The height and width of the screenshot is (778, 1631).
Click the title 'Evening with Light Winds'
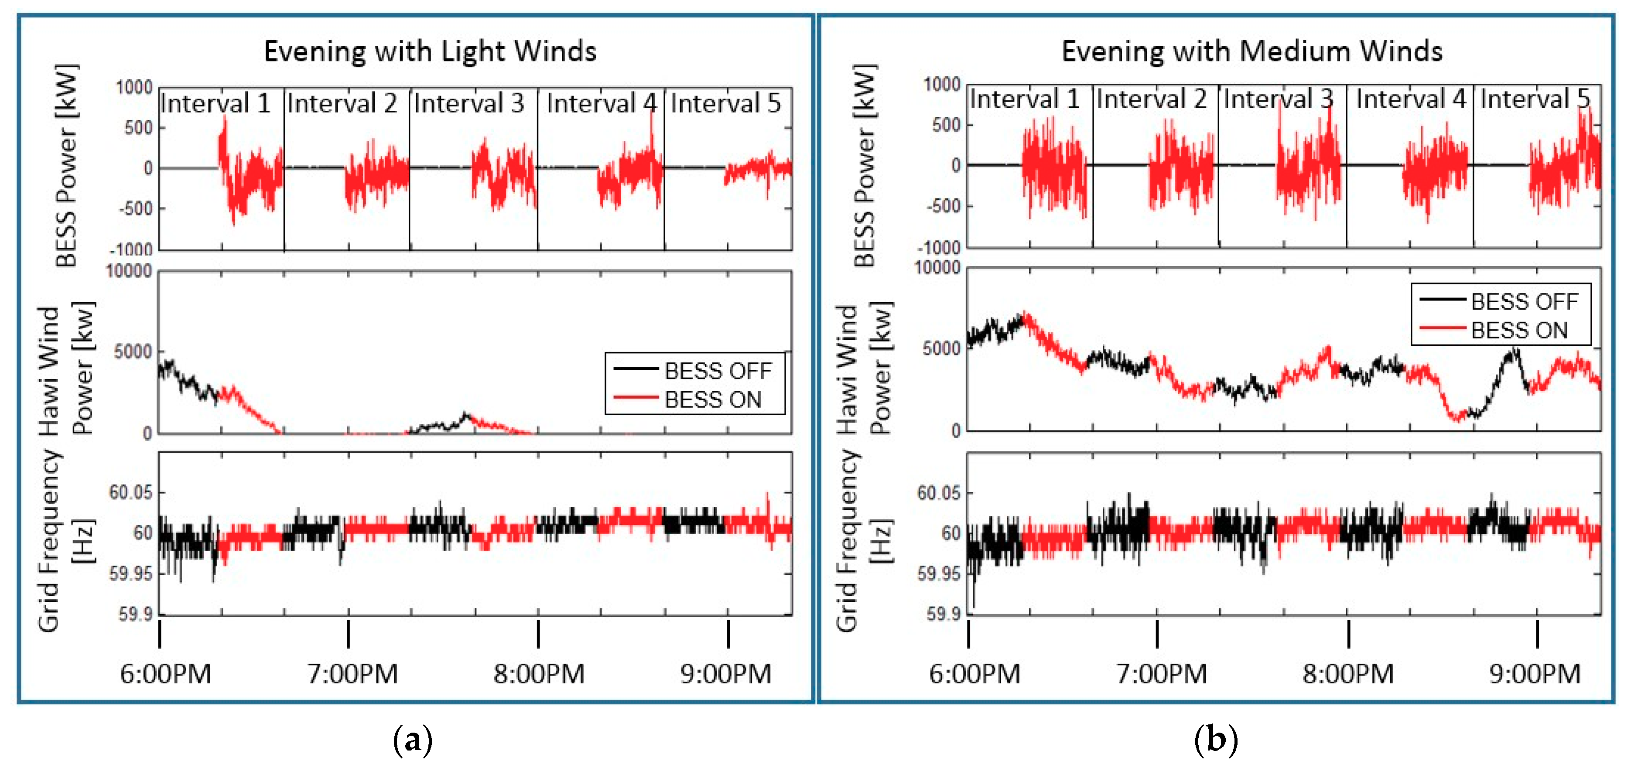click(x=430, y=51)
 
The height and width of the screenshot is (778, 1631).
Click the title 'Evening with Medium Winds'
click(x=1252, y=51)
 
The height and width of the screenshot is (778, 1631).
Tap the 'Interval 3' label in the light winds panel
click(x=469, y=103)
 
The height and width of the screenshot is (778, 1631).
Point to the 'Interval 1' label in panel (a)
click(x=215, y=103)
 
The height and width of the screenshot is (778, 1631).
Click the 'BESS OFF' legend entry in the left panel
click(x=718, y=370)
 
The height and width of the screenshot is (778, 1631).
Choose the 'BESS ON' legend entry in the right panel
click(x=1518, y=331)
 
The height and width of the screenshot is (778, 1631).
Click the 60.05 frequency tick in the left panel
click(x=130, y=492)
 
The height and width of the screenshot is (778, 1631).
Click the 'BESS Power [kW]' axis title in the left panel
click(x=66, y=166)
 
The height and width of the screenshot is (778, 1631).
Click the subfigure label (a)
click(x=413, y=739)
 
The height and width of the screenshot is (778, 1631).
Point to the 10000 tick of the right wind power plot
click(x=938, y=268)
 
